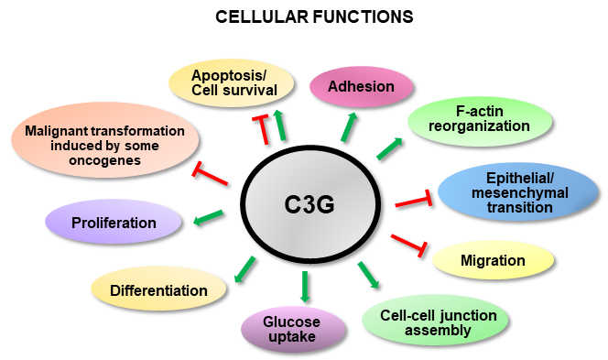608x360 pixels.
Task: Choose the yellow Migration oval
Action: tap(493, 261)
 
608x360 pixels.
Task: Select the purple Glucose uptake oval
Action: tap(292, 329)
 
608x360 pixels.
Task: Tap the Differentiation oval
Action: tap(158, 291)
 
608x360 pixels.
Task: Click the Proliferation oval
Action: tap(114, 223)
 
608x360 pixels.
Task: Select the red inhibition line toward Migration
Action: tap(409, 243)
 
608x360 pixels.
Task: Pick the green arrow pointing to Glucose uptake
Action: tap(306, 287)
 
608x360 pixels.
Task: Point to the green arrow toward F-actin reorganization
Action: tap(389, 149)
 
